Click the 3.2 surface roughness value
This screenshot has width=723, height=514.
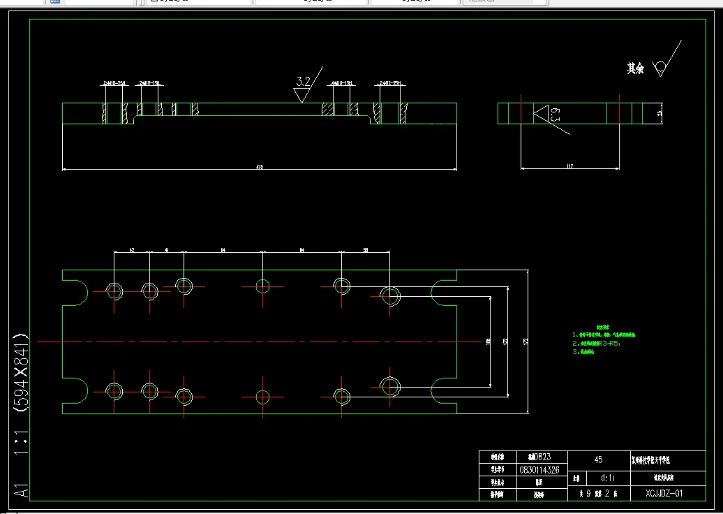pos(302,82)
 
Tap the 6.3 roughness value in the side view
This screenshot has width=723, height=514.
pos(555,115)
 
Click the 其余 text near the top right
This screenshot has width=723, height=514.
pos(635,68)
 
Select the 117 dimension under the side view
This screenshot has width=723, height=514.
pos(569,166)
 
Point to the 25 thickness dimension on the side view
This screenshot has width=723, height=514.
pos(659,113)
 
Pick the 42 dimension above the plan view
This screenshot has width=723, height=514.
pos(131,249)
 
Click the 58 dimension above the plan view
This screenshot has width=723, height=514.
pos(366,249)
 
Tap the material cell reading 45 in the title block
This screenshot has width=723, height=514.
pos(598,460)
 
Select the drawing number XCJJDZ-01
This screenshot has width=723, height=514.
pos(665,493)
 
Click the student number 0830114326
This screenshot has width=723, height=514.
pos(539,470)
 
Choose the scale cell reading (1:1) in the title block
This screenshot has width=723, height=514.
pos(607,479)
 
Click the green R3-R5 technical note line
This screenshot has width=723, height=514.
pos(597,344)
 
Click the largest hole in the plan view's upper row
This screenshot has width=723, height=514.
pos(389,295)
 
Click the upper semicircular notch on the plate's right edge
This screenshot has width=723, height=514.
pos(444,294)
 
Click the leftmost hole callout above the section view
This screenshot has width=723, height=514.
pos(114,83)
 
